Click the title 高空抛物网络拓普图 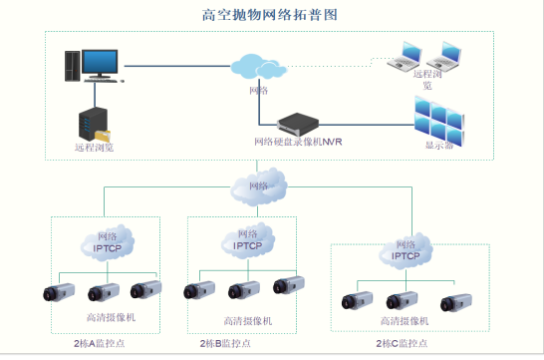(271, 15)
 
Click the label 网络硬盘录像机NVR (299, 142)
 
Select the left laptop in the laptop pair (410, 57)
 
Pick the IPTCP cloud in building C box (406, 250)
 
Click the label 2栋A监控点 (104, 343)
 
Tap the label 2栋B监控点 (242, 343)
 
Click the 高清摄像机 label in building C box (405, 322)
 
